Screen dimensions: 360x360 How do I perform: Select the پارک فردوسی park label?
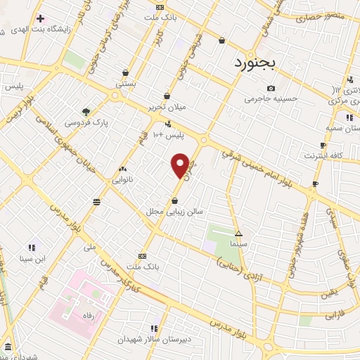pyautogui.click(x=87, y=122)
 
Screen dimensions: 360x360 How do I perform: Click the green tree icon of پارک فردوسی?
pyautogui.click(x=86, y=111)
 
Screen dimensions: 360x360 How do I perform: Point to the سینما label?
pyautogui.click(x=238, y=244)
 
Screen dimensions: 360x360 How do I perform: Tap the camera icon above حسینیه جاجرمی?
pyautogui.click(x=271, y=88)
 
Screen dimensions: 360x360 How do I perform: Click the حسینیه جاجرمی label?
pyautogui.click(x=271, y=99)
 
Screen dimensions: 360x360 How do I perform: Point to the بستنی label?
pyautogui.click(x=125, y=83)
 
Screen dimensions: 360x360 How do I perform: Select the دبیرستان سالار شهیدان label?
pyautogui.click(x=154, y=339)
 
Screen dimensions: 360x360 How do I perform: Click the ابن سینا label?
pyautogui.click(x=31, y=258)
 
